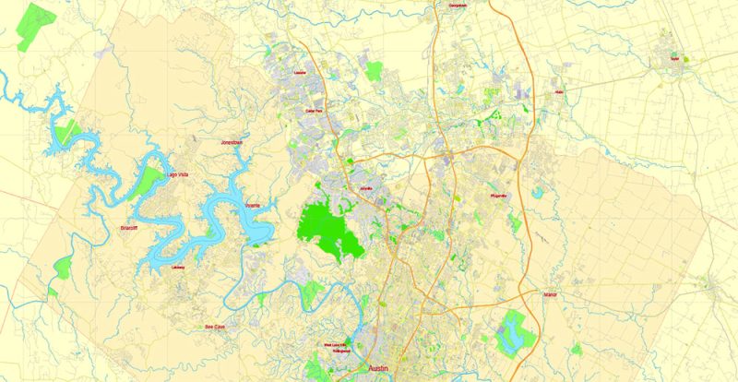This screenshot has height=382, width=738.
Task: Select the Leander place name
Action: click(x=297, y=71)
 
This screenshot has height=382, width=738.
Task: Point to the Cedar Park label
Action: click(x=313, y=111)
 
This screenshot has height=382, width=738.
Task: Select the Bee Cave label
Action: click(x=215, y=326)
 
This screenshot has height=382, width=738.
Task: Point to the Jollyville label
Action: click(x=366, y=189)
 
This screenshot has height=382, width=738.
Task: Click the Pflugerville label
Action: click(x=499, y=196)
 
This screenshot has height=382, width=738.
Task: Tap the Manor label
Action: click(x=552, y=296)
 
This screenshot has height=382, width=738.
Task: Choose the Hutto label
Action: click(x=558, y=92)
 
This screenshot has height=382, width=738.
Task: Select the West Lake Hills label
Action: click(x=335, y=345)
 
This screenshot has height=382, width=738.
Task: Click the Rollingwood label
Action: click(x=343, y=351)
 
